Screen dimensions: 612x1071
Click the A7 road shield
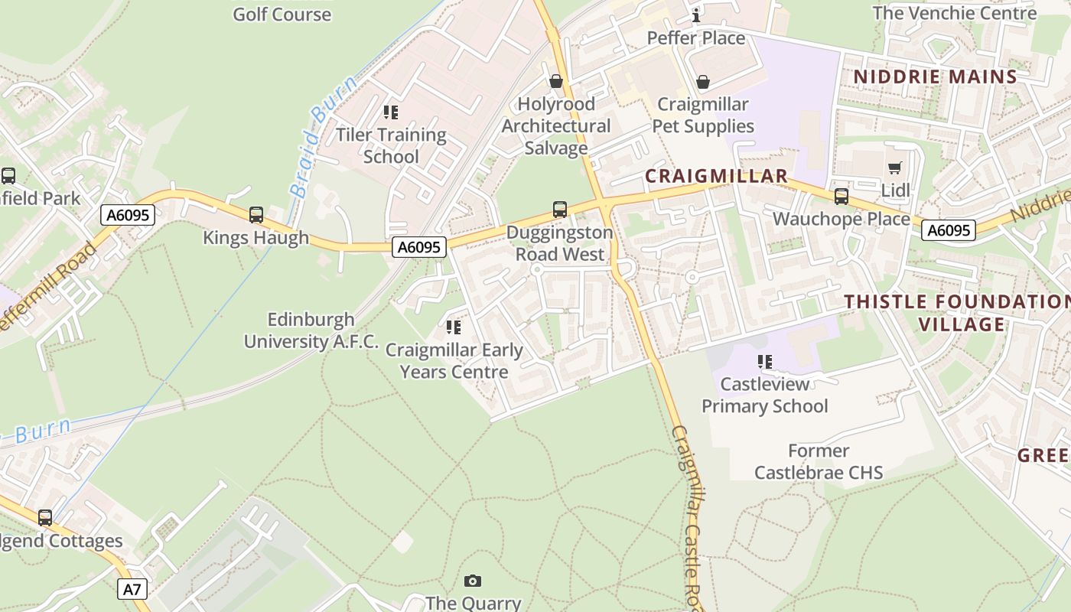pos(132,589)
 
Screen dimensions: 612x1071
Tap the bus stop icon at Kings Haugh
pos(256,215)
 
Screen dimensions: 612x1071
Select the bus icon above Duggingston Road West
pos(560,209)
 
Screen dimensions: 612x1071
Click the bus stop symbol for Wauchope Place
pos(841,197)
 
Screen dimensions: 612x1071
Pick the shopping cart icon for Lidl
pos(894,168)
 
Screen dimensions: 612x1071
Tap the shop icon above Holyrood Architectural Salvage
pos(556,81)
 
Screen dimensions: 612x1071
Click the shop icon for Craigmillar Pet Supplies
pos(703,82)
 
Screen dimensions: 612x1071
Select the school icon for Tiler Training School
pos(391,112)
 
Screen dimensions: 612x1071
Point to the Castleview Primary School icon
pos(764,361)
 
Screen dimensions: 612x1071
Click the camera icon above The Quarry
pos(473,581)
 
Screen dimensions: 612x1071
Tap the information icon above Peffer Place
pos(696,15)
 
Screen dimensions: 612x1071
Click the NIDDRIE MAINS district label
pos(935,76)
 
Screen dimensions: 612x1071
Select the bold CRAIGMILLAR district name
pos(716,176)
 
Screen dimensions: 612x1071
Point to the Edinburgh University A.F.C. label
pos(311,330)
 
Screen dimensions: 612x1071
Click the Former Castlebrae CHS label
pos(819,462)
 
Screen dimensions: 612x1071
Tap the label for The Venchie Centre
pos(954,13)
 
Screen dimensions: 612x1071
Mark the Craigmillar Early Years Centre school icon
pos(454,327)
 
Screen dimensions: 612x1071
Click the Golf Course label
pos(282,14)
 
